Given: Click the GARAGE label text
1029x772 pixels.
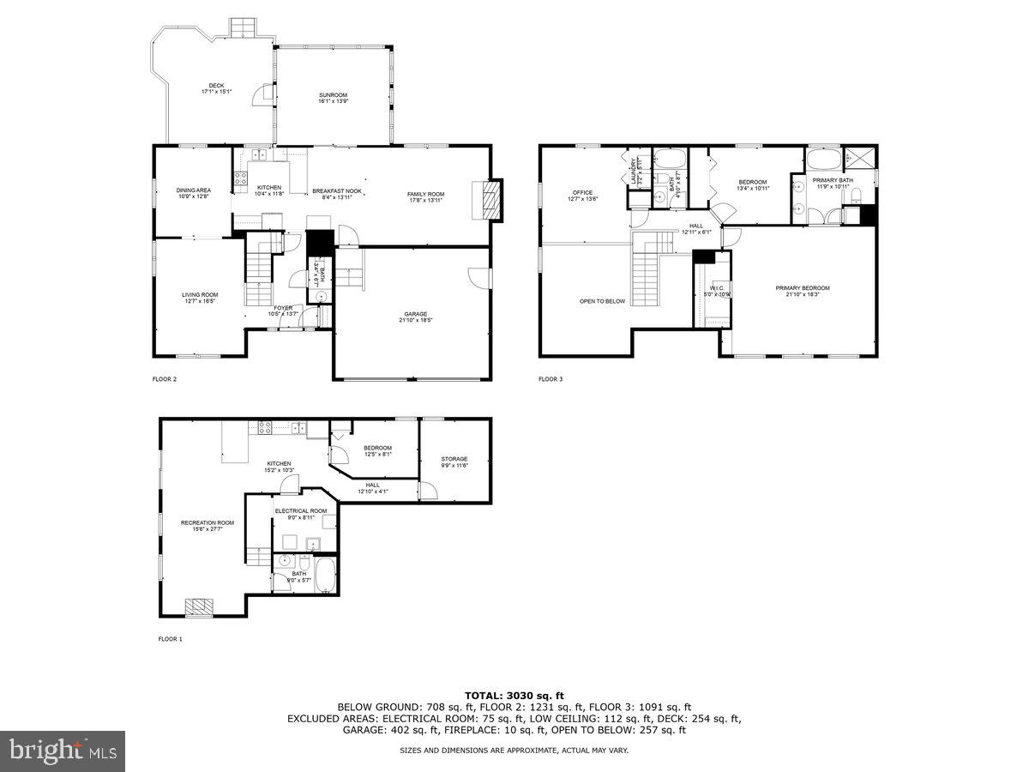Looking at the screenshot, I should [x=416, y=314].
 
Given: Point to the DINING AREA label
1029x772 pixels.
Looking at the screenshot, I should [x=194, y=190].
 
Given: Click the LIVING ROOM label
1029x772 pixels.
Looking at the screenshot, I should [x=200, y=295].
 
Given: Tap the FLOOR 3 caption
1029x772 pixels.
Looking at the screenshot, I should [x=551, y=378].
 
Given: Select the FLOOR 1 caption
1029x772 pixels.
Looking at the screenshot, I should [x=170, y=638].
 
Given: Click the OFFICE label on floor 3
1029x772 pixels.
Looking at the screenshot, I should [x=583, y=192].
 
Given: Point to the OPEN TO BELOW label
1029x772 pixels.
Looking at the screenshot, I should [x=602, y=301].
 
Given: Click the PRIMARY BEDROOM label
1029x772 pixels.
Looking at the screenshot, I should [x=803, y=288].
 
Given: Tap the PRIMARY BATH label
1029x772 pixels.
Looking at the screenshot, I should [x=831, y=180].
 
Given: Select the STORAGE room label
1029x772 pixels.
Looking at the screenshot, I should [x=454, y=459].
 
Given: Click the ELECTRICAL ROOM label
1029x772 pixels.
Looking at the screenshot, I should [x=300, y=510].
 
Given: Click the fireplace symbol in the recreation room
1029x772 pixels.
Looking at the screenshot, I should [x=201, y=606].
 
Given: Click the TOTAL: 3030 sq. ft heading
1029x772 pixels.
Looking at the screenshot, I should [x=514, y=695].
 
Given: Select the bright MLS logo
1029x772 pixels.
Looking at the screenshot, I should [x=63, y=751].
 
